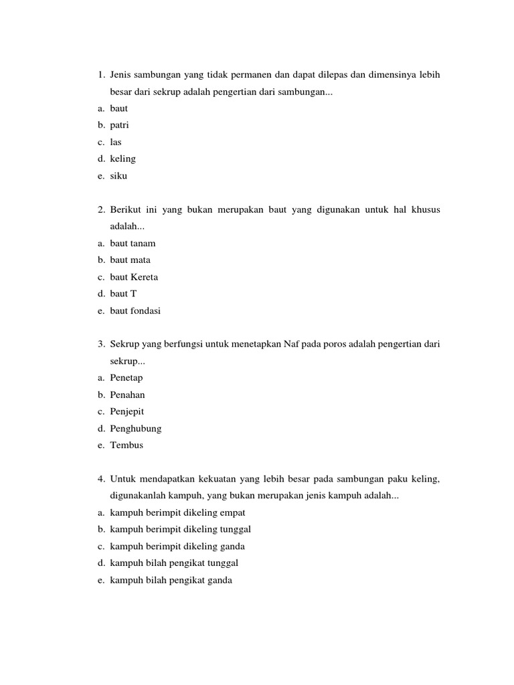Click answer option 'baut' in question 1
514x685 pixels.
tap(118, 108)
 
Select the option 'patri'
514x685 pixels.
tap(119, 125)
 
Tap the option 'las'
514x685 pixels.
tap(116, 142)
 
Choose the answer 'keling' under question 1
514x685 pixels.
tap(122, 159)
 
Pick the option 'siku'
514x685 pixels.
tap(118, 176)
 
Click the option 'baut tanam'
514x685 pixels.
tap(133, 243)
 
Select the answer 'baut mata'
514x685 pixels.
tap(130, 260)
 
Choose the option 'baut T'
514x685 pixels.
tap(123, 294)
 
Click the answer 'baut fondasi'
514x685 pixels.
tap(135, 310)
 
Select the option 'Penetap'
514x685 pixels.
tap(126, 378)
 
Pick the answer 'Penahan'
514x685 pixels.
tap(127, 395)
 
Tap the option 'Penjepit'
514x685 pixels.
tap(127, 411)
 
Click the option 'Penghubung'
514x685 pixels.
tap(136, 428)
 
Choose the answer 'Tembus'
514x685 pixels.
tap(126, 445)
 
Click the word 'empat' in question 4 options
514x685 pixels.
tap(232, 512)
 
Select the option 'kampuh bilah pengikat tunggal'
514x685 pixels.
tap(174, 563)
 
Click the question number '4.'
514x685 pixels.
tap(101, 479)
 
